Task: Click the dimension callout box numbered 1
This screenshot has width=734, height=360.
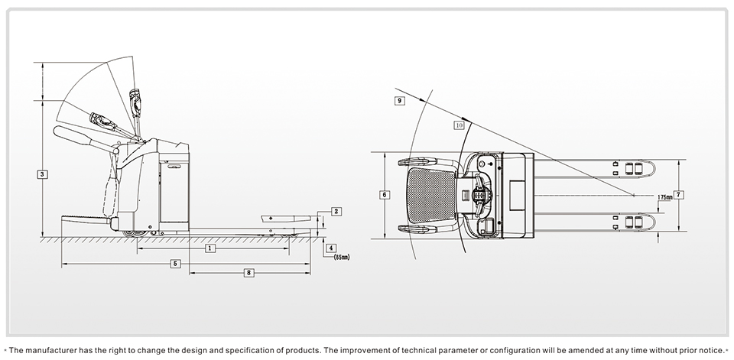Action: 209,248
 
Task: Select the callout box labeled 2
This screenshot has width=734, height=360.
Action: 336,211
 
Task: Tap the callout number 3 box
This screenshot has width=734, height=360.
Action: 43,174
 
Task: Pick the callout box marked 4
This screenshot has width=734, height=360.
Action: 330,248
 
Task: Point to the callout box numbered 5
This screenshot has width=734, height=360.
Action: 176,263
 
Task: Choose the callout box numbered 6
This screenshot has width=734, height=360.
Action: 384,195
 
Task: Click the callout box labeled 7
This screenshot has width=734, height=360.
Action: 679,194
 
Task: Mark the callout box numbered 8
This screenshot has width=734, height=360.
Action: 248,273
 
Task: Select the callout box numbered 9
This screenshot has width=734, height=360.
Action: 400,100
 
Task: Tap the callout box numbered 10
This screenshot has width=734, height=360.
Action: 459,125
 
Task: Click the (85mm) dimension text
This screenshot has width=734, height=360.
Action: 341,258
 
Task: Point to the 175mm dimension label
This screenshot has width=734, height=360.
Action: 666,197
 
